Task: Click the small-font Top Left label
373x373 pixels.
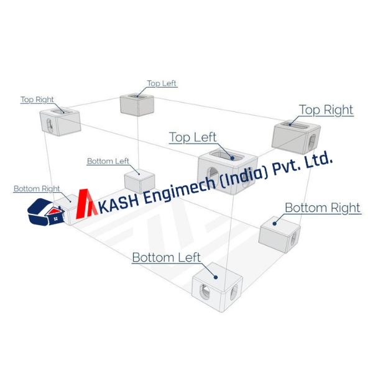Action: coord(162,83)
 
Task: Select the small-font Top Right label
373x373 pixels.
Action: coord(37,99)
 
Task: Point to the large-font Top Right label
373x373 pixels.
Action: coord(326,110)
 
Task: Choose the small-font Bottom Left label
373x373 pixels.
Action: coord(108,161)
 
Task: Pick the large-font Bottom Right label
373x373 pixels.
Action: coord(322,208)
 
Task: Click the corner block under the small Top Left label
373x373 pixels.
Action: coord(137,104)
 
